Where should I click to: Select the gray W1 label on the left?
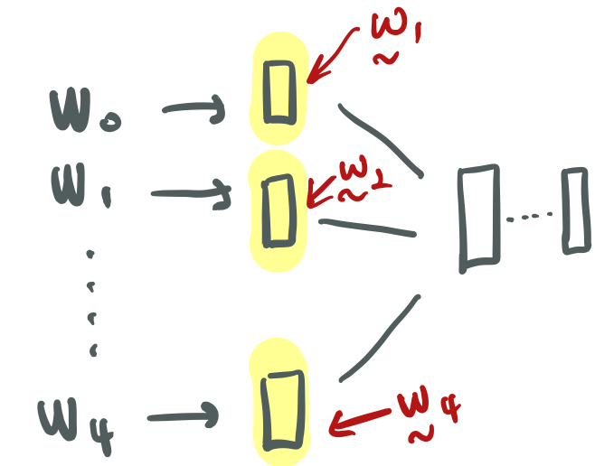click(80, 187)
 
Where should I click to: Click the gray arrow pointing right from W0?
click(194, 111)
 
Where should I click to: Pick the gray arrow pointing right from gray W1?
click(191, 193)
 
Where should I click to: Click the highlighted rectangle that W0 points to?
click(279, 91)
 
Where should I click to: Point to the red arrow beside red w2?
click(322, 192)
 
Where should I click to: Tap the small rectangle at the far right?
click(573, 210)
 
